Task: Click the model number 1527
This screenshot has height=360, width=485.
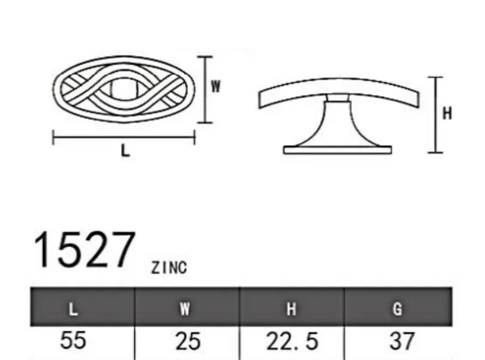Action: point(85,250)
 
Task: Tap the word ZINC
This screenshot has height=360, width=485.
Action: point(169,268)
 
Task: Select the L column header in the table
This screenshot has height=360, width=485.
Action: point(73,308)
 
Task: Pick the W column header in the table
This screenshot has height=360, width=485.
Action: point(185,308)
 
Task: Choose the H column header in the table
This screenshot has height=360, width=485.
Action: point(291,308)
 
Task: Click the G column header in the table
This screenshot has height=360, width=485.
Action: point(397,308)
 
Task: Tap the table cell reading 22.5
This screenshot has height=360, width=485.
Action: point(292,341)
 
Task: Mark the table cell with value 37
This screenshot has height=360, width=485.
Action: point(402,341)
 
